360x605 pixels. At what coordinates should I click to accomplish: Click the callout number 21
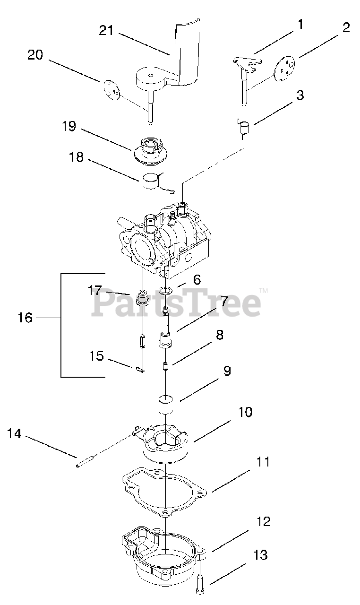[107, 31]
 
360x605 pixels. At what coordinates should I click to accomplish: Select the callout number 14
[15, 433]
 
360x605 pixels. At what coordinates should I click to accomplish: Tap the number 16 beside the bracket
[25, 318]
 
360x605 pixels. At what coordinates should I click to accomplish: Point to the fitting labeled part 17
[141, 299]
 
